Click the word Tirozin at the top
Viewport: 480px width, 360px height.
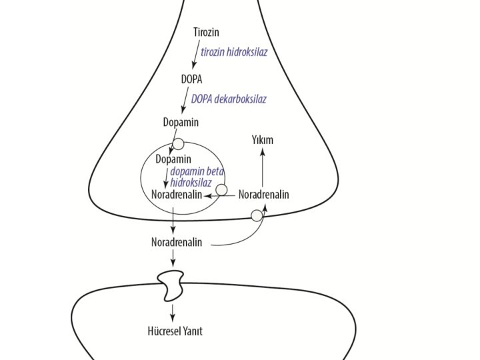206,32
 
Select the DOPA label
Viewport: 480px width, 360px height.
191,79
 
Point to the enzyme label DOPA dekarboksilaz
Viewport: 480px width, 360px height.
229,99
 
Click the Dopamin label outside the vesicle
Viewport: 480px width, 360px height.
181,123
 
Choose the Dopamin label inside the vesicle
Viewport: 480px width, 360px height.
173,159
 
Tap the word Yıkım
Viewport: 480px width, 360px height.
262,140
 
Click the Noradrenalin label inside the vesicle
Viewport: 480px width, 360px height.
177,195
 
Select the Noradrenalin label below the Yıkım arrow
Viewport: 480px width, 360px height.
263,195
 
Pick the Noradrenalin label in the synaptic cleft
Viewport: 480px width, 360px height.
177,242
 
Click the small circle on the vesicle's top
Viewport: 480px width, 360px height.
178,143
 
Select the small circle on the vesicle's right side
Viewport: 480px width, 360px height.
222,190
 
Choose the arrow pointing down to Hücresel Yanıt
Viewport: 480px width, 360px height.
173,311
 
